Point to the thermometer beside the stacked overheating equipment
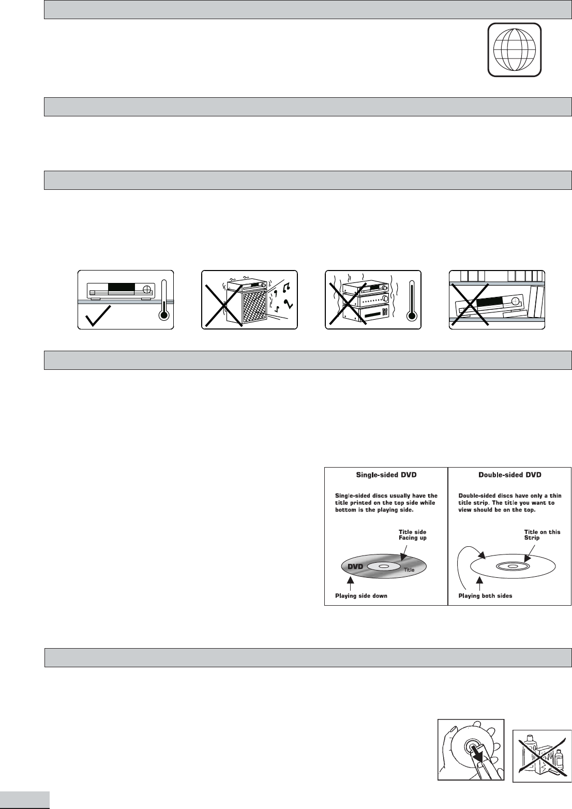click(x=412, y=302)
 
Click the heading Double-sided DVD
click(x=510, y=475)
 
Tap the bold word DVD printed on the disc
click(x=355, y=566)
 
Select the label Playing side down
click(x=361, y=595)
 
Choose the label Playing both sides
click(x=485, y=595)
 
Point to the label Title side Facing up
click(x=412, y=535)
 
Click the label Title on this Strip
click(x=543, y=535)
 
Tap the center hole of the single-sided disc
click(x=383, y=566)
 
